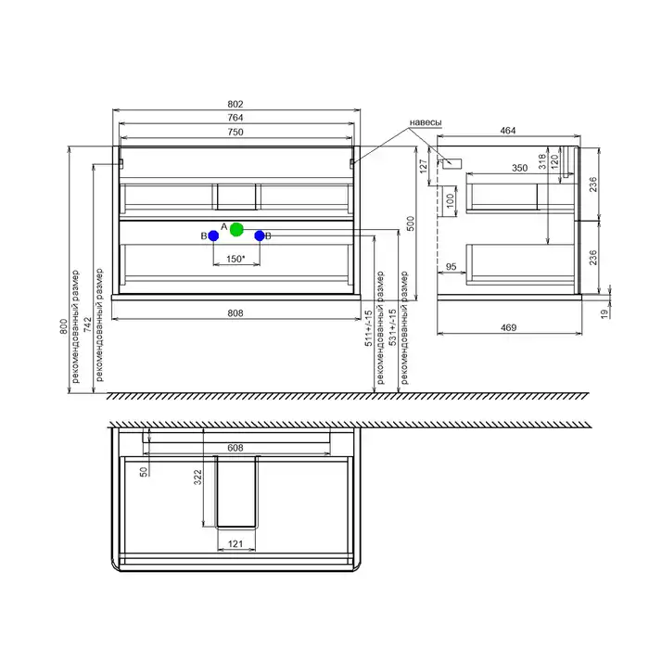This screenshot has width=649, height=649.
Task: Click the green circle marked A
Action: coord(236,229)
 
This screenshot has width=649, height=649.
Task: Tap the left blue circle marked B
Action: coord(213,235)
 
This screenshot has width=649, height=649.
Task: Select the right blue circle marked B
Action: coord(260,235)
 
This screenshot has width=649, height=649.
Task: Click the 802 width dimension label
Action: coord(235,104)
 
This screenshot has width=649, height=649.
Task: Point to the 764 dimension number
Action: coord(235,118)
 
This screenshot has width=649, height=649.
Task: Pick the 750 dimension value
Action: coord(235,132)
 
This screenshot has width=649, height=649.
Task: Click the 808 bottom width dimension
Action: coord(235,313)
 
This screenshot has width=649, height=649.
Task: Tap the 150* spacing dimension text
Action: coord(235,259)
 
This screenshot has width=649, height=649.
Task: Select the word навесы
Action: coord(426,122)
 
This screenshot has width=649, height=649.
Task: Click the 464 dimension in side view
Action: coord(508,131)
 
